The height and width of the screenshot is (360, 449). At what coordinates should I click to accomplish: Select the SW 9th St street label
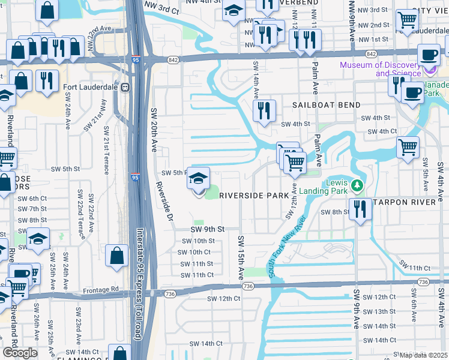(207, 229)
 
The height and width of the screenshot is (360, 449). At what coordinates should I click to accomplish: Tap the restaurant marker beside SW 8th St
(360, 209)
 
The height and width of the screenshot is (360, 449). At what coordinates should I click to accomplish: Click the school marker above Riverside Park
(199, 179)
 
